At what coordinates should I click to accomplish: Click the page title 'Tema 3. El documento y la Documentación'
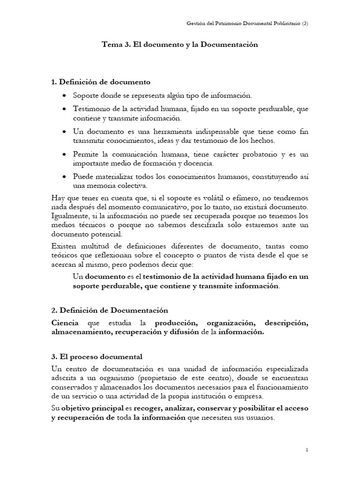pyautogui.click(x=180, y=45)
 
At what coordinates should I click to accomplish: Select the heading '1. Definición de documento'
pyautogui.click(x=100, y=82)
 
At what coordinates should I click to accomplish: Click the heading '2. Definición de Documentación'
pyautogui.click(x=109, y=311)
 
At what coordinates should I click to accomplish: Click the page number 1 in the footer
pyautogui.click(x=307, y=450)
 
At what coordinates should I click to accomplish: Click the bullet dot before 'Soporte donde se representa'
pyautogui.click(x=64, y=96)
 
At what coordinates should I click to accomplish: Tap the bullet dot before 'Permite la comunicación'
pyautogui.click(x=64, y=155)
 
